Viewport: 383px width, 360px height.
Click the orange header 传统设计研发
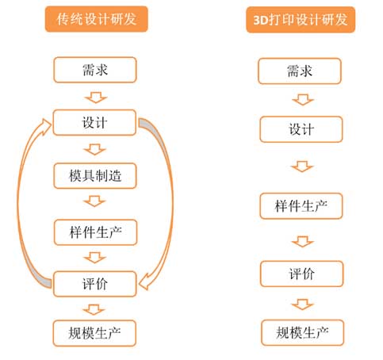[97, 19]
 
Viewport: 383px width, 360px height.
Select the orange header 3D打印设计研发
[301, 20]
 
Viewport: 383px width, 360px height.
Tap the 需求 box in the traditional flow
[95, 70]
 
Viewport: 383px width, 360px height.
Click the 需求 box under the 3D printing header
[300, 71]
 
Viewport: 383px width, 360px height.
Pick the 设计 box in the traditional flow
[94, 122]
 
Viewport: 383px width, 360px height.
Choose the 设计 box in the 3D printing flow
[301, 129]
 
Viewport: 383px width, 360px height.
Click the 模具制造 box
[95, 176]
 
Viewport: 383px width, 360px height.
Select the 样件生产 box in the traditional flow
[96, 232]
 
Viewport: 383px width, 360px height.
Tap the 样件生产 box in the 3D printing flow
[301, 206]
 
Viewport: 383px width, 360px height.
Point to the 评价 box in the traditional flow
[95, 284]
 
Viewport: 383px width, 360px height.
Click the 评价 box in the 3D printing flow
[302, 274]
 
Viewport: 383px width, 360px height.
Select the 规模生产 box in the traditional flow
[94, 333]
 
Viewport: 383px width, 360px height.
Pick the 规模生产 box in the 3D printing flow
[303, 332]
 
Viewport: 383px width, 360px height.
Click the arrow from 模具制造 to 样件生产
[94, 201]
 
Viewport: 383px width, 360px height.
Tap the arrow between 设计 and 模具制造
[94, 150]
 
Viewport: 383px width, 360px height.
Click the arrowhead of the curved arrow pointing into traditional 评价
[144, 283]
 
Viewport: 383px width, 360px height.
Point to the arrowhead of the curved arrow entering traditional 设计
[45, 126]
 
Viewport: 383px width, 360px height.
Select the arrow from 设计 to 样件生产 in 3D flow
[302, 167]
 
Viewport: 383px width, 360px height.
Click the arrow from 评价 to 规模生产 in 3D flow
[303, 304]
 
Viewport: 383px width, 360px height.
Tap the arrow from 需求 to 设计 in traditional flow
[96, 98]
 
